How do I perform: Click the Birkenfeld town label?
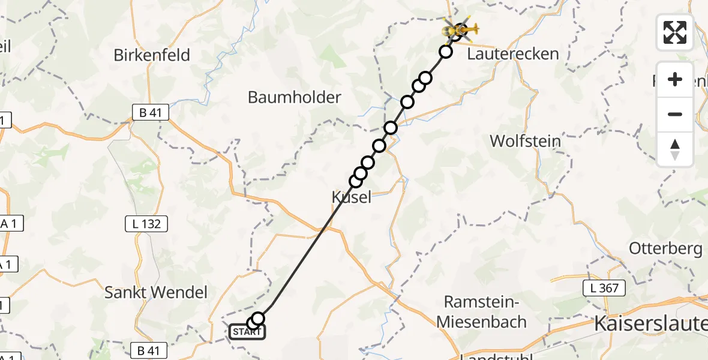coord(152,55)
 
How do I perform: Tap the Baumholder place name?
coord(294,97)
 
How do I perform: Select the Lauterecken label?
coord(512,54)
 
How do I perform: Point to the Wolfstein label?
coord(525,142)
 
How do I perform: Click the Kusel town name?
coord(351,197)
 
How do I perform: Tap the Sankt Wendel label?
coord(155,293)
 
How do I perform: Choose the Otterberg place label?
coord(665,248)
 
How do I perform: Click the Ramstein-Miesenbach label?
coord(481,311)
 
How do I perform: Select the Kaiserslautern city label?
coord(650,324)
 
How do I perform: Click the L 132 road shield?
coord(146,224)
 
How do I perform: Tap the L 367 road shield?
coord(605,289)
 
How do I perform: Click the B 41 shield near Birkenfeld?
coord(151,112)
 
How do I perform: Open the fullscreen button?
coord(675,32)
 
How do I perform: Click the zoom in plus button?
coord(675,79)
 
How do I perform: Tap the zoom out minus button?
coord(675,114)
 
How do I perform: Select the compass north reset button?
coord(675,149)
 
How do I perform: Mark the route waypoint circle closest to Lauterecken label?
coord(446,52)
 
